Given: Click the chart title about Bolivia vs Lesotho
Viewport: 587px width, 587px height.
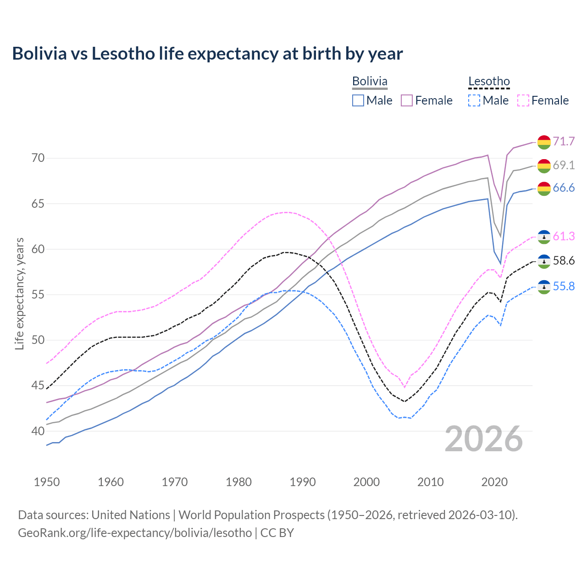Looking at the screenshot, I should coord(207,54).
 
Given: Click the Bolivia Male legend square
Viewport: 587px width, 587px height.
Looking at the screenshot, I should coord(358,100).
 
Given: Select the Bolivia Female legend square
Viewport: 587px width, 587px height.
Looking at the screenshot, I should coord(407,100).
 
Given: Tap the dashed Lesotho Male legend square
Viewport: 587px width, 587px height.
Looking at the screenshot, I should coord(474,100).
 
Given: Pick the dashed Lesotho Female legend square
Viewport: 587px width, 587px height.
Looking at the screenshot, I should coord(523,100).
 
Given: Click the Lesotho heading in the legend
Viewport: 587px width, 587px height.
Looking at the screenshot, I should coord(489,82).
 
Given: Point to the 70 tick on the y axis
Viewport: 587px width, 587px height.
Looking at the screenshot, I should coord(38,158).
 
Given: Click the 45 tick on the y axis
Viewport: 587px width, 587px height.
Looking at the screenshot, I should coord(38,386).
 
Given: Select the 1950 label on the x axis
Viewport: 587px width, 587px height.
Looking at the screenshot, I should coord(47,482).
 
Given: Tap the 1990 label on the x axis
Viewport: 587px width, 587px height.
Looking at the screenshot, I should coord(303,482).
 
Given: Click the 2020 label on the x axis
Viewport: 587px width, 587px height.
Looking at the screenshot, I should coord(494,482).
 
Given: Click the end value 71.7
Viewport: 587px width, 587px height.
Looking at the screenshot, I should coord(564,141).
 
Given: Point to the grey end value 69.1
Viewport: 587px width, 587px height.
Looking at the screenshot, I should coord(564,165).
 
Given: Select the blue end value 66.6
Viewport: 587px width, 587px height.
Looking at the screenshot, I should coord(564,188).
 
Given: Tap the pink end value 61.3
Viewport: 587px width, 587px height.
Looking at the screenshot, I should coord(564,237).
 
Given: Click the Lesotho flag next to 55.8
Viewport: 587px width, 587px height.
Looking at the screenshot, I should coord(544,287).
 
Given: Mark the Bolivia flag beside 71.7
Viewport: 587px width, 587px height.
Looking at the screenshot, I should coord(544,142).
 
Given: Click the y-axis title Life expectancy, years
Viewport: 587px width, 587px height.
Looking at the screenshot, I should coord(19,293).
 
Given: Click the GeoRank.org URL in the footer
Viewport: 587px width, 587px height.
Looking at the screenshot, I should coord(135,533).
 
